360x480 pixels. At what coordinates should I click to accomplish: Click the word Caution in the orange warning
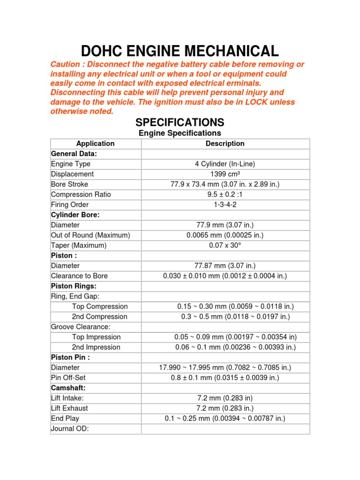click(x=66, y=65)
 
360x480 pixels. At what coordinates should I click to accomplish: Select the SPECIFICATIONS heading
click(x=180, y=123)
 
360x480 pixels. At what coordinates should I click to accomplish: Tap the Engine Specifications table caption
click(x=180, y=134)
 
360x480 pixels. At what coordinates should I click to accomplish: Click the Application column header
click(x=96, y=144)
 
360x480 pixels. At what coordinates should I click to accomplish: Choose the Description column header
click(x=225, y=144)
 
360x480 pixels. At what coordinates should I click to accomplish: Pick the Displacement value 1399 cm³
click(x=225, y=174)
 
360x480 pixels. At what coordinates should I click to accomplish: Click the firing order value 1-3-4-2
click(x=225, y=205)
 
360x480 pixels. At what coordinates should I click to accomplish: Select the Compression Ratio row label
click(x=81, y=195)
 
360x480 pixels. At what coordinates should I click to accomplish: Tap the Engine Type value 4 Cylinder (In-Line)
click(x=225, y=164)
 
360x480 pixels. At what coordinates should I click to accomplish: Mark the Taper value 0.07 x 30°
click(x=225, y=246)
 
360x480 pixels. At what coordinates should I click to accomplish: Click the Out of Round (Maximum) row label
click(x=90, y=235)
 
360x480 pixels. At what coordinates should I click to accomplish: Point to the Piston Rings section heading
click(x=74, y=286)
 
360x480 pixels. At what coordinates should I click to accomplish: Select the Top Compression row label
click(x=100, y=307)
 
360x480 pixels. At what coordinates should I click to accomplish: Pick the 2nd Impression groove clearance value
click(x=235, y=347)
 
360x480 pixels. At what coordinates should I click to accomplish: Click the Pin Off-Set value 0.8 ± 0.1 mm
click(x=225, y=378)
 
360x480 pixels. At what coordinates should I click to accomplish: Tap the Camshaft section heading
click(x=68, y=388)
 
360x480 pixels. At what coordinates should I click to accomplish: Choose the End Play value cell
click(x=225, y=419)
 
